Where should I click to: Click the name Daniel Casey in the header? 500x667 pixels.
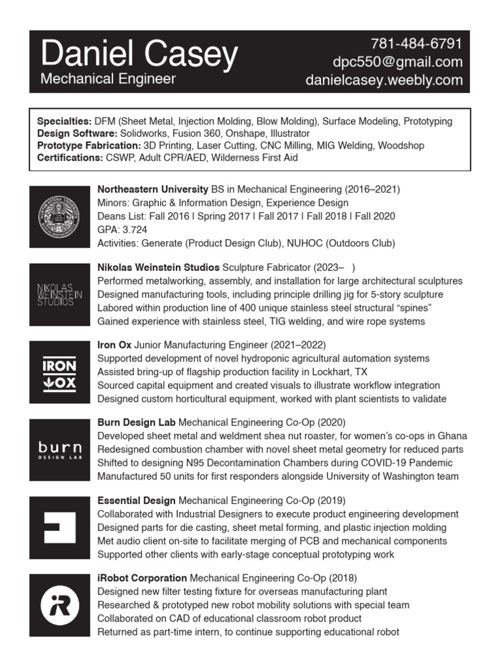(x=139, y=55)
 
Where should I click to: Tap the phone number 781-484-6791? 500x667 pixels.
(x=417, y=44)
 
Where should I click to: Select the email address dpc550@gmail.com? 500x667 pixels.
(x=397, y=63)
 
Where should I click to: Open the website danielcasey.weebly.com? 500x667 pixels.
(x=384, y=80)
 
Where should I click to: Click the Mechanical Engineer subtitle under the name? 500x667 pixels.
(x=108, y=79)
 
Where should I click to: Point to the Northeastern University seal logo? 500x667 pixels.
(x=60, y=216)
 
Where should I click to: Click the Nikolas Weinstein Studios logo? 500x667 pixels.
(x=60, y=294)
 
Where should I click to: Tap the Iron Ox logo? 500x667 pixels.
(x=60, y=373)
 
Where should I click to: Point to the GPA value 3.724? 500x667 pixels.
(x=135, y=230)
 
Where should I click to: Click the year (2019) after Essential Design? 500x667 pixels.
(x=331, y=500)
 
